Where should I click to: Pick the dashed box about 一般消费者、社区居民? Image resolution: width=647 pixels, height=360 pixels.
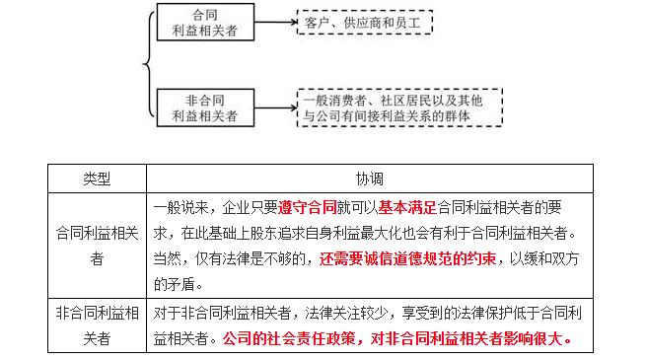(399, 107)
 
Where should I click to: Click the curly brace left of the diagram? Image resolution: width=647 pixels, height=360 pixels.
(147, 64)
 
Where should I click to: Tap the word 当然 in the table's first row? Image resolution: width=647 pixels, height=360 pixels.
(166, 259)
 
